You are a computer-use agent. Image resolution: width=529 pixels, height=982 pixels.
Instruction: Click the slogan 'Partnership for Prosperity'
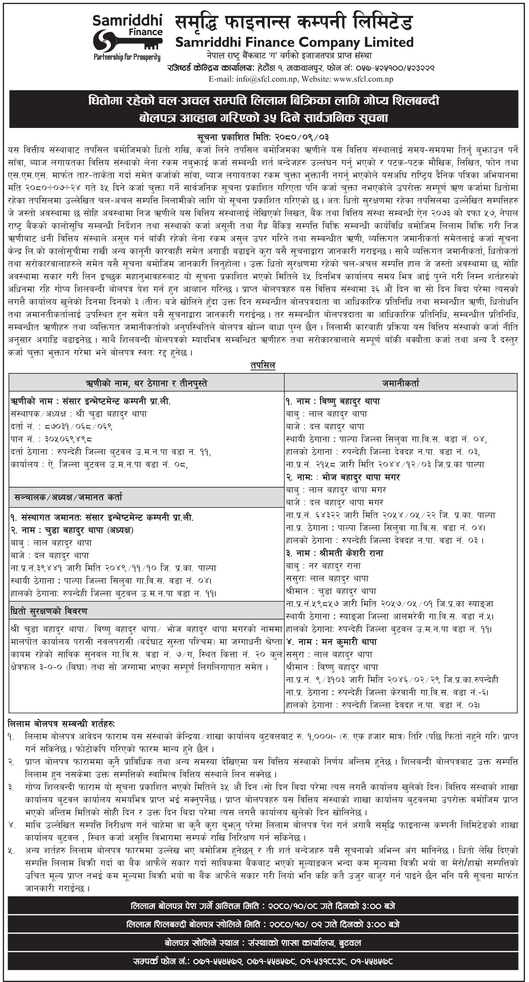click(127, 57)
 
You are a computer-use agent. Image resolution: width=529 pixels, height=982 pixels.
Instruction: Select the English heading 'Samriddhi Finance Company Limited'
click(294, 42)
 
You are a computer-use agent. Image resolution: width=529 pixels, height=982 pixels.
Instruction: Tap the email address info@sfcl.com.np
click(272, 79)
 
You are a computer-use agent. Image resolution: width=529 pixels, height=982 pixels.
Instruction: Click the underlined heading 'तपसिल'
click(263, 366)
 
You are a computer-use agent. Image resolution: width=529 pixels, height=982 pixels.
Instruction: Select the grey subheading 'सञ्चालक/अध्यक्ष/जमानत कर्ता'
click(69, 497)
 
